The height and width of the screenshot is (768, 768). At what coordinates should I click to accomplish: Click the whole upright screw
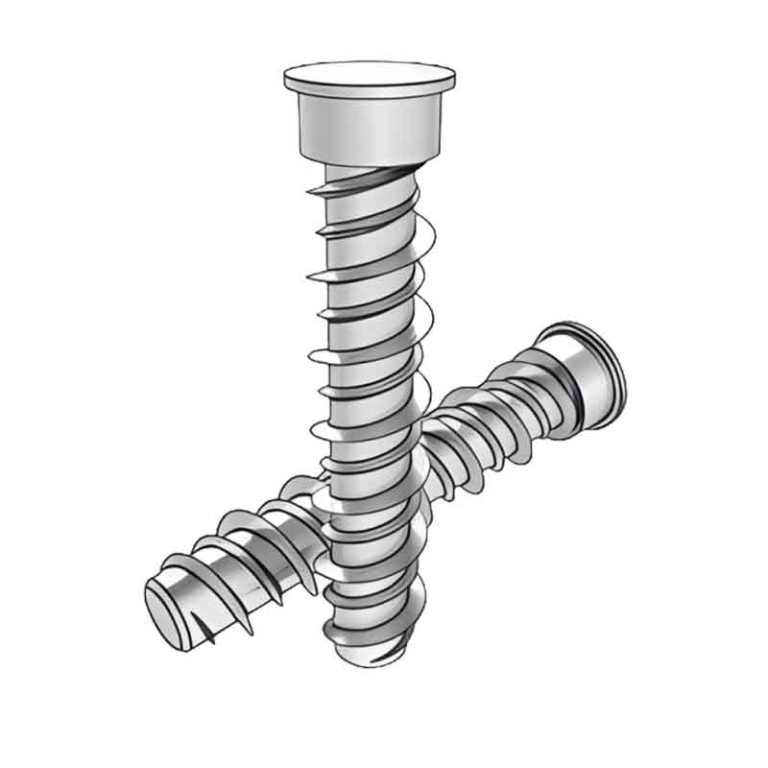(x=370, y=336)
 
